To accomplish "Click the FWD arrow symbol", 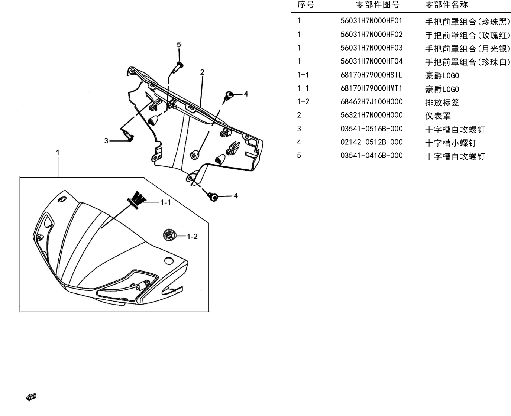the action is (x=31, y=397).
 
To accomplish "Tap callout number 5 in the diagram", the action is (x=179, y=45).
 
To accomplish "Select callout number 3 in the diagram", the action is (x=106, y=141).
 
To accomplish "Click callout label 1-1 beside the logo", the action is (x=165, y=202).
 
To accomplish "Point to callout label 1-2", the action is (x=192, y=237).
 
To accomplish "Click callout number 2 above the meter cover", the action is (x=202, y=72).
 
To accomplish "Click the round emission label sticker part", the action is (x=169, y=235).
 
